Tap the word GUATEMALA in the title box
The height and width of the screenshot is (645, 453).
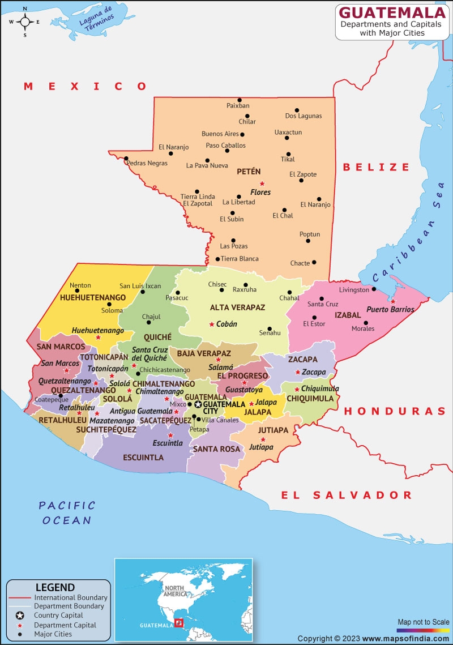(391, 12)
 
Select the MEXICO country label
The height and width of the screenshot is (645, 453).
(86, 86)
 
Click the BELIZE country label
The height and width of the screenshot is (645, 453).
(376, 167)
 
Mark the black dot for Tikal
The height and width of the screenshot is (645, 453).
(288, 153)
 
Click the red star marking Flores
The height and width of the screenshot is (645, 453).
(262, 183)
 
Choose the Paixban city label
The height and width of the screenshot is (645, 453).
(238, 105)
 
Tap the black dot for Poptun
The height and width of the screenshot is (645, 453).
(308, 241)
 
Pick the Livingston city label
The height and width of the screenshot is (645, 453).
(354, 290)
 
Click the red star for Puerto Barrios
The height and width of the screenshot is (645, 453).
(393, 301)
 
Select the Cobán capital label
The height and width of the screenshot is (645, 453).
(226, 324)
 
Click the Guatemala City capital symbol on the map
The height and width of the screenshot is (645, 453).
(198, 404)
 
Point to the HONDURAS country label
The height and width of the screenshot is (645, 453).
(395, 411)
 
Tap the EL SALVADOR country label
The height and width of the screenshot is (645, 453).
(347, 495)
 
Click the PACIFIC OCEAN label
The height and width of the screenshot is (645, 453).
(67, 512)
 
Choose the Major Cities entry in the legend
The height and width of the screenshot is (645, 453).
(53, 634)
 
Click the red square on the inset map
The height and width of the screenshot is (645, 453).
(179, 623)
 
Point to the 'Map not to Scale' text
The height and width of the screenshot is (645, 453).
(423, 622)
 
